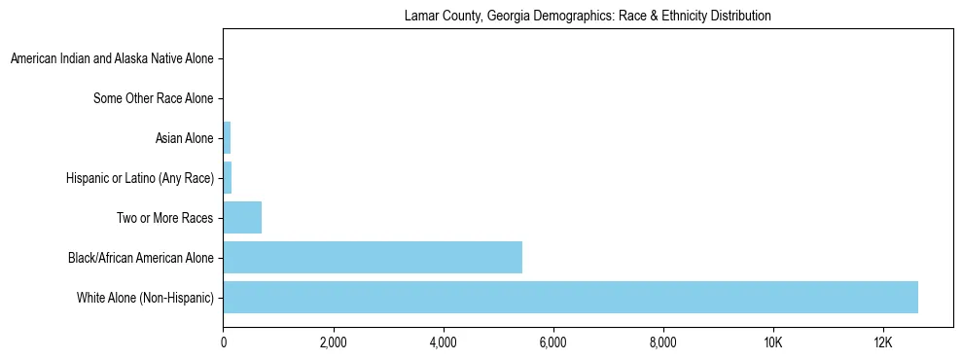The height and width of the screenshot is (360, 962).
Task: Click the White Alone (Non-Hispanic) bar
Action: tap(570, 297)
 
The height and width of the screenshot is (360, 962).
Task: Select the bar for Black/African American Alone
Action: tap(373, 258)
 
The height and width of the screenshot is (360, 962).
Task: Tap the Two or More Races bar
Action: tap(242, 218)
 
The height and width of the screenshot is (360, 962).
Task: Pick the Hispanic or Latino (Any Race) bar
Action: tap(228, 178)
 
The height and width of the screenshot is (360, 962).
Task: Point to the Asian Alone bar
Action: tap(227, 138)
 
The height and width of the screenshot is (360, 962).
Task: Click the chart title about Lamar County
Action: tap(587, 16)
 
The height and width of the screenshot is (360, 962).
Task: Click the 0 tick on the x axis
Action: tap(224, 342)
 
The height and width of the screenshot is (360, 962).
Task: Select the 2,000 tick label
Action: tap(333, 342)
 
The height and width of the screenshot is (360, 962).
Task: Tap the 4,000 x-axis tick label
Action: tap(443, 342)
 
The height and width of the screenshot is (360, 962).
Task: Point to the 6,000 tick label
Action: tap(552, 342)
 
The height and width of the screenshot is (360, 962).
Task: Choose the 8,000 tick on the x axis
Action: tap(662, 342)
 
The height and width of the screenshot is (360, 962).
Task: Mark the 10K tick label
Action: tap(772, 342)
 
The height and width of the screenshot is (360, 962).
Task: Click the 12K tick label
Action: tap(882, 342)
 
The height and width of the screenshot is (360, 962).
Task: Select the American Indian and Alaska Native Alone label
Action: tap(112, 59)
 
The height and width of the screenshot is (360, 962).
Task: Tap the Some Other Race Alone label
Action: tap(153, 98)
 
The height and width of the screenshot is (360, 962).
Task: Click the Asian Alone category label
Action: tap(184, 138)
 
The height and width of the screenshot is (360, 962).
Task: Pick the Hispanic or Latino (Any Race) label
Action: tap(140, 178)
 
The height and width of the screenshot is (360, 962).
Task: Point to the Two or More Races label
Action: tap(164, 218)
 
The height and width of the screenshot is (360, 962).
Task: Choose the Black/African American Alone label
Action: tap(141, 258)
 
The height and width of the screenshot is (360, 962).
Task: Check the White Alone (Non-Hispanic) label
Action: tap(145, 297)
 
